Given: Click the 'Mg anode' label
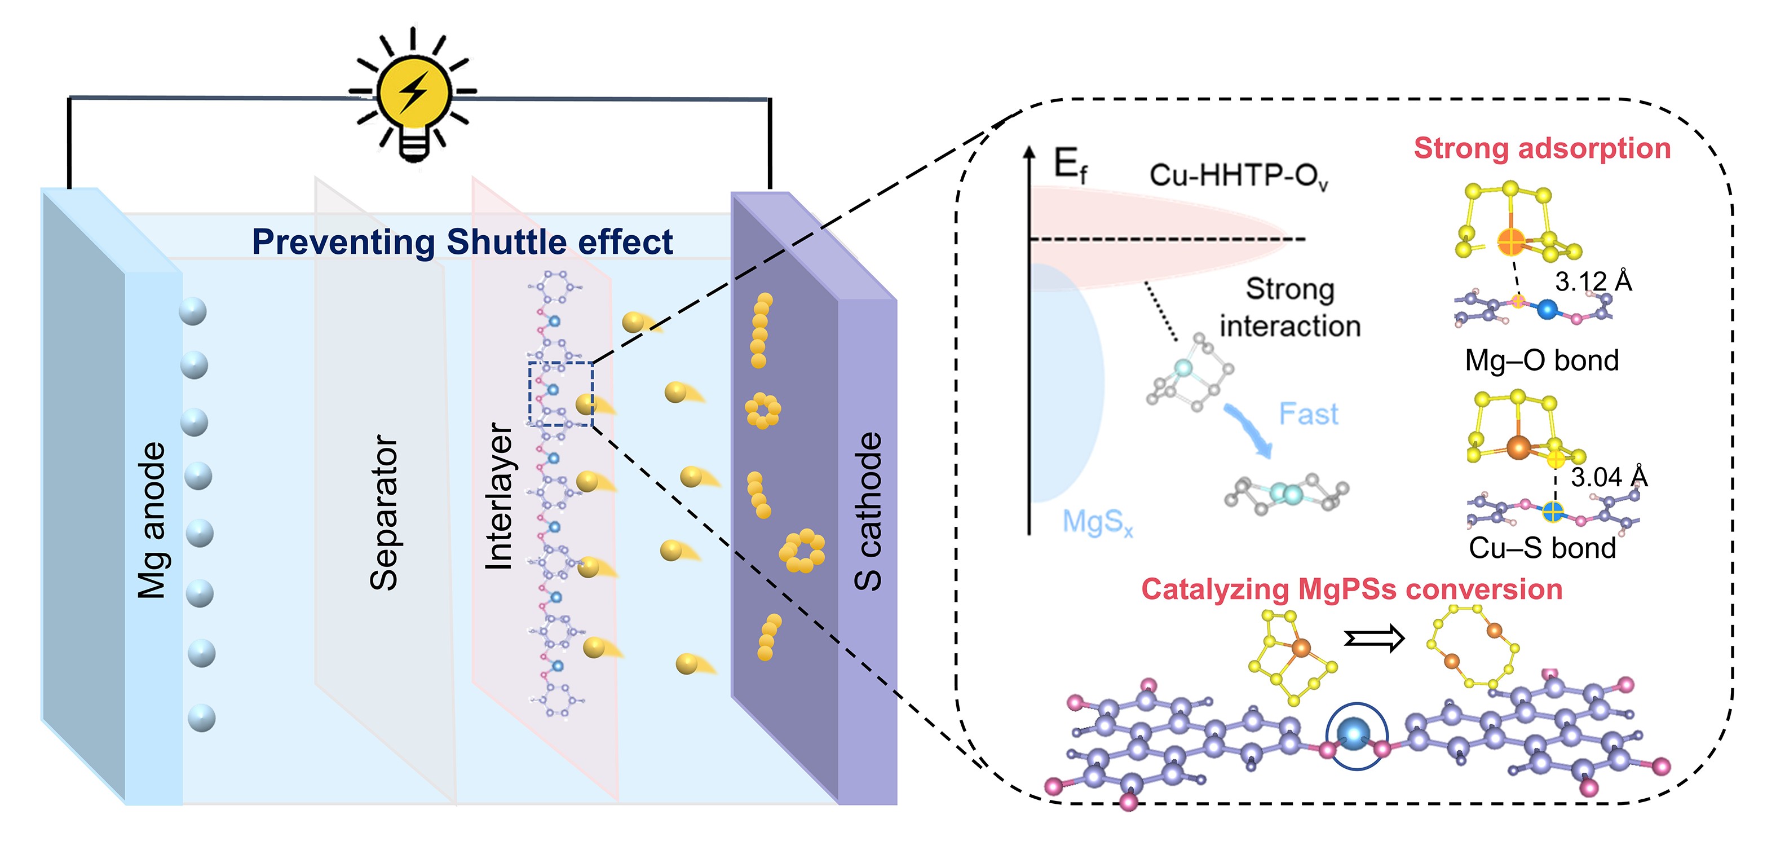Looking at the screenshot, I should point(152,520).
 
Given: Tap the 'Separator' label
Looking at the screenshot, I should point(384,512).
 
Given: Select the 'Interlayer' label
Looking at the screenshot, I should point(498,497).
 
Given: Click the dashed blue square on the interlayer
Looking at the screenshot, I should point(560,393).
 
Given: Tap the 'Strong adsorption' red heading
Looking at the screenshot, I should point(1541,148).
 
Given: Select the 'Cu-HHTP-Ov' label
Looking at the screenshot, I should point(1238,176).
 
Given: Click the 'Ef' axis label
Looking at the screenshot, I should point(1070,166).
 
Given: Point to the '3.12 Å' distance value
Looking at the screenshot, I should point(1593,281).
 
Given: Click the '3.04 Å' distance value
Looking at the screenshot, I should point(1609,477).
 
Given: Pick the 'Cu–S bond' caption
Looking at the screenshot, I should point(1541,548).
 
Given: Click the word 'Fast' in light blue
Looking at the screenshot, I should point(1308,414).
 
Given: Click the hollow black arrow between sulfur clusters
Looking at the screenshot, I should point(1373,639).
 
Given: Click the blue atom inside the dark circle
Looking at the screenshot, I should point(1355,734).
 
